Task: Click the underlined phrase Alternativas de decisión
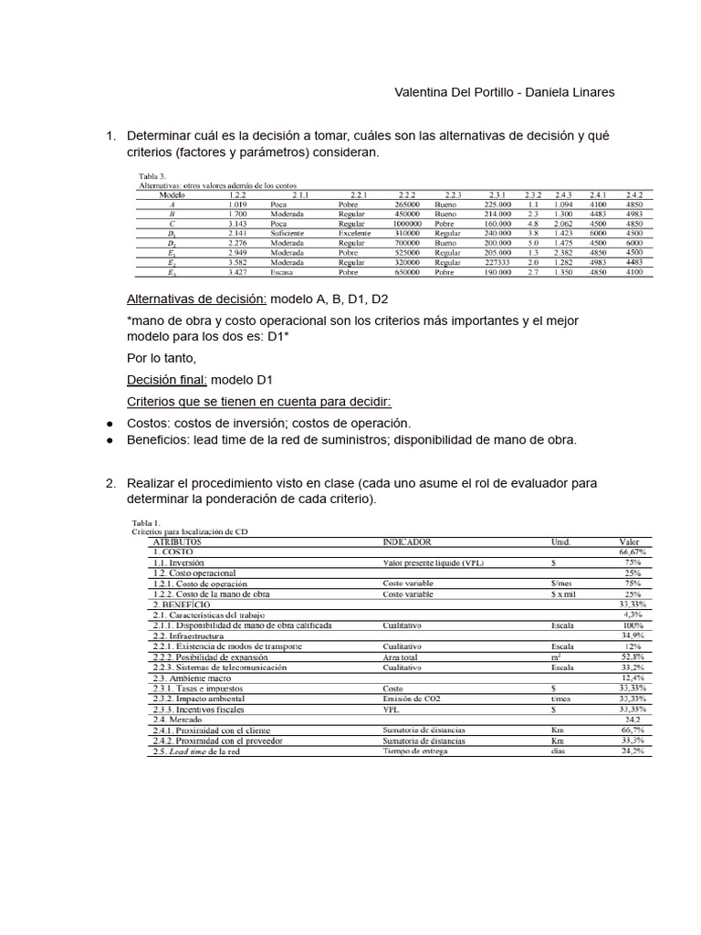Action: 195,299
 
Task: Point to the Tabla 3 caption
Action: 152,175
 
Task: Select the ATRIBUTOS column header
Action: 179,541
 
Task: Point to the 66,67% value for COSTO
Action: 633,552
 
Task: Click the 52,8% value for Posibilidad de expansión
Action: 633,657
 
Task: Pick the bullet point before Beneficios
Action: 110,440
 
